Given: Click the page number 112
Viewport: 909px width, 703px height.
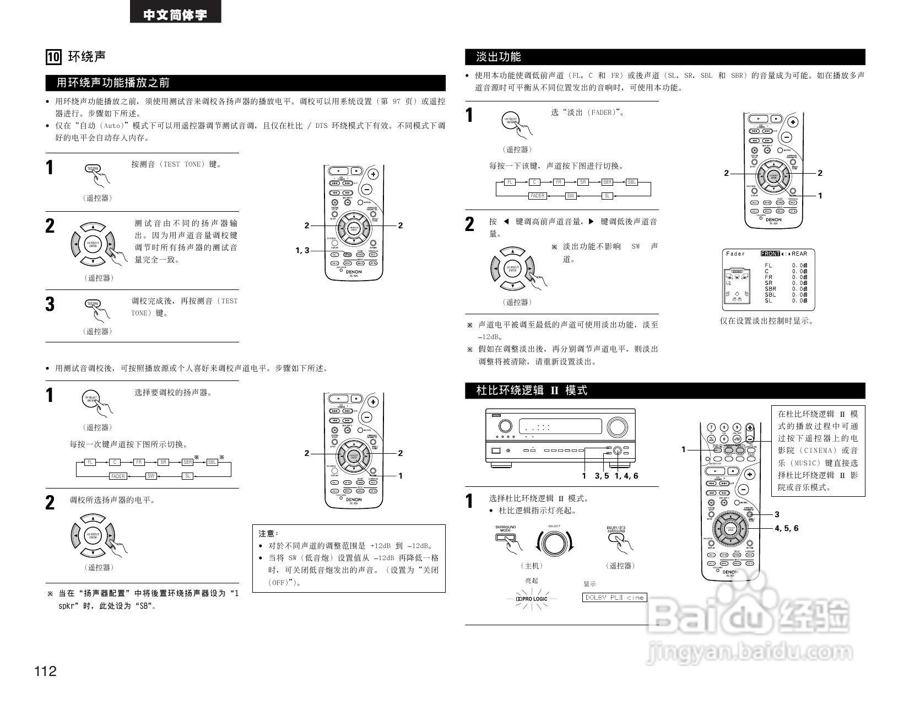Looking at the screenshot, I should (45, 671).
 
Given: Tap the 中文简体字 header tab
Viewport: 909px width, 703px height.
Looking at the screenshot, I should (175, 15).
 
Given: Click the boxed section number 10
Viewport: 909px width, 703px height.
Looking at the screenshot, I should (53, 57).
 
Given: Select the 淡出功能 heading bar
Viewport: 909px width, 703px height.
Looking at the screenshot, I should (664, 57).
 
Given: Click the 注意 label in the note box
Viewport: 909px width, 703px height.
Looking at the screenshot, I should (269, 533).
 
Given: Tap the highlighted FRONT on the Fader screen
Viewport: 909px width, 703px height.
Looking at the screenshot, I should (770, 254).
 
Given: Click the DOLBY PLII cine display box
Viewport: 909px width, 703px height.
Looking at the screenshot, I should (614, 597).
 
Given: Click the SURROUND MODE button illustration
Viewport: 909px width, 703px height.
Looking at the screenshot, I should (505, 538).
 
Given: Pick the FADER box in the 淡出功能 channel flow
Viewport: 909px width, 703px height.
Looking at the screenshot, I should (537, 196).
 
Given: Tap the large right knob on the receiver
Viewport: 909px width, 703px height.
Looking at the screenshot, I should (618, 427).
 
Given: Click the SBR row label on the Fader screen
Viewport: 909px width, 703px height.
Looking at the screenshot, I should (770, 289).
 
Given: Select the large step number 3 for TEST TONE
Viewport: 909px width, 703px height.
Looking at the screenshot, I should (50, 304).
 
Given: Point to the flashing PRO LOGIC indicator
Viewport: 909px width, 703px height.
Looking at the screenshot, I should (532, 599).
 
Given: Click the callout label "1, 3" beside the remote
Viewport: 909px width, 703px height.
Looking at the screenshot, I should (302, 251).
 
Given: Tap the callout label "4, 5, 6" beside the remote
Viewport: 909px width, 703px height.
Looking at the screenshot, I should (786, 528).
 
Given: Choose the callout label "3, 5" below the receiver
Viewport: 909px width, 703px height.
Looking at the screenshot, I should (602, 476).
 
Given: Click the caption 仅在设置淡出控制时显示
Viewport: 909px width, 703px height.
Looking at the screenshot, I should (766, 321).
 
